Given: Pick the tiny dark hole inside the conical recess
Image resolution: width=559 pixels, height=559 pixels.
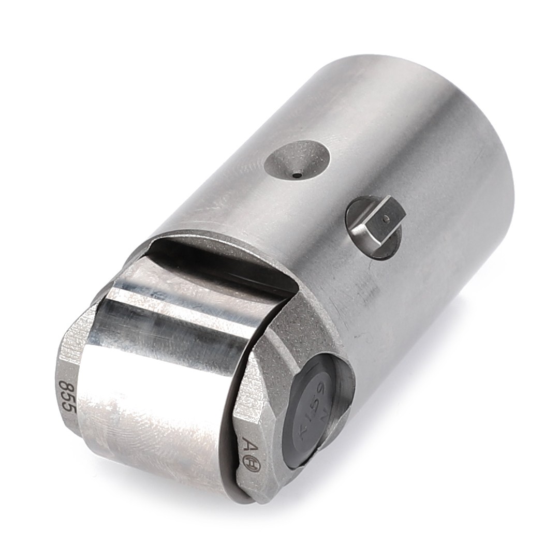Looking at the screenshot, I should pyautogui.click(x=297, y=175).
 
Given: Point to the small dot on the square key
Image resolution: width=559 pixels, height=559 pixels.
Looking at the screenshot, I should pyautogui.click(x=385, y=219).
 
